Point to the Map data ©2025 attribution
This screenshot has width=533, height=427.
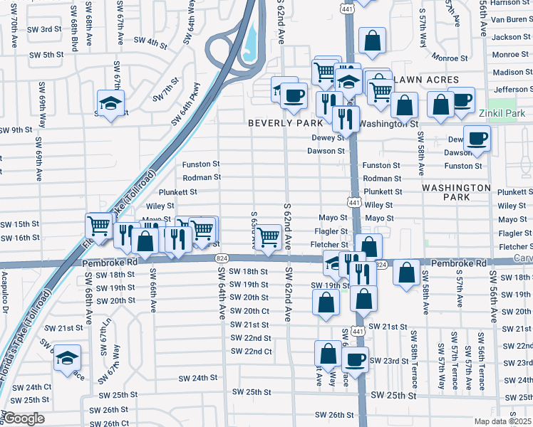tap(503, 421)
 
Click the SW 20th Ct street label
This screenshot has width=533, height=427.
tap(249, 311)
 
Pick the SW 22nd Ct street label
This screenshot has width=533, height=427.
tap(252, 352)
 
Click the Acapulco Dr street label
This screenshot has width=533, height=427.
tap(4, 292)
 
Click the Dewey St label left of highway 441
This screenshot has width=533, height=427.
tap(328, 138)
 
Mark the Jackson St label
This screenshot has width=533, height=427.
tap(511, 37)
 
